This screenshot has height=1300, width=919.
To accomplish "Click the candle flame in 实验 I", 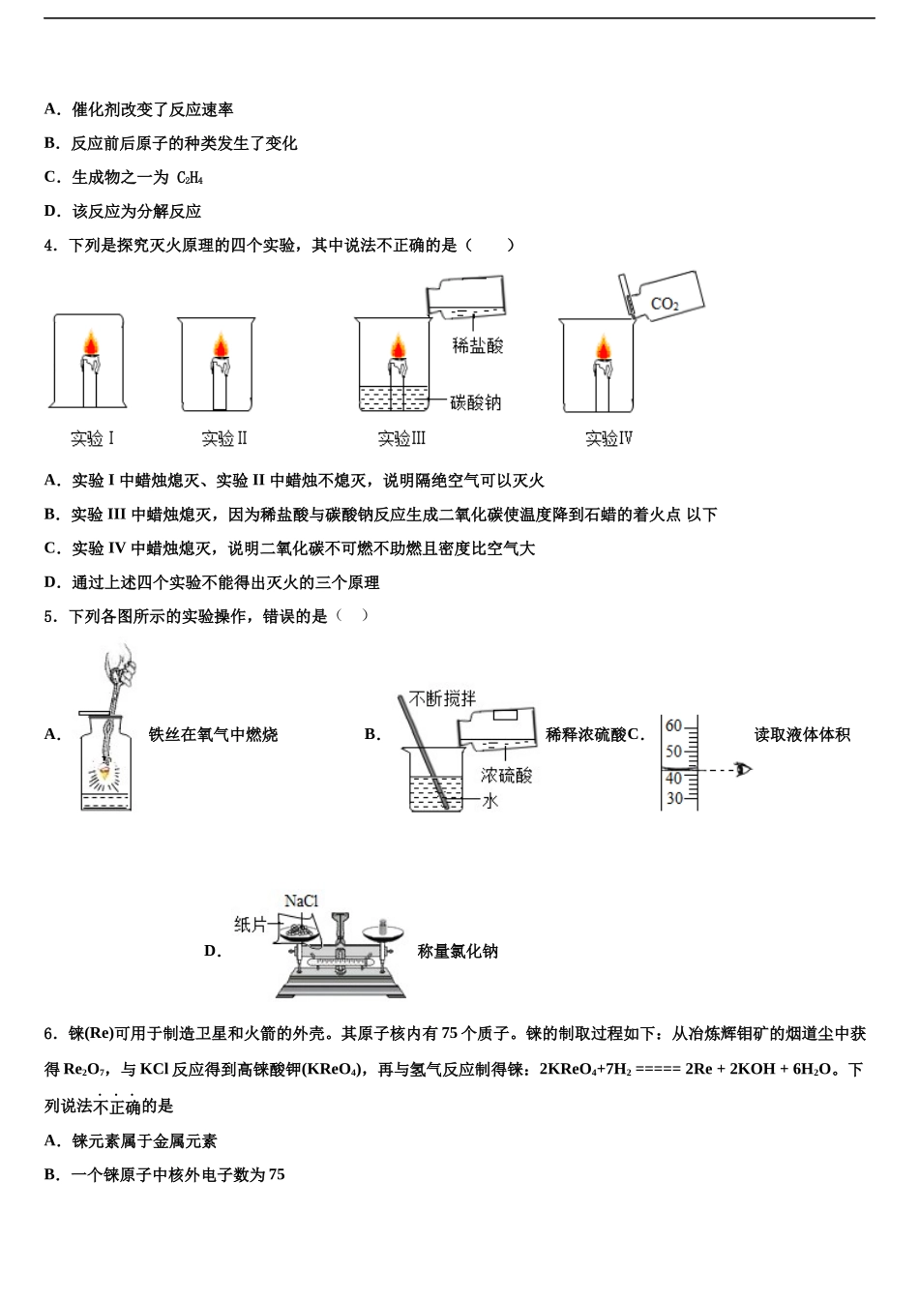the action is click(90, 343).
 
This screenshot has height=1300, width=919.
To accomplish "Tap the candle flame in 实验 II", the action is click(221, 345).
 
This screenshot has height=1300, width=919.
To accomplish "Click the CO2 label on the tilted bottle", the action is click(665, 304).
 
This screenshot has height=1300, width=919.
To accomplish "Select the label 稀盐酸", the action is click(478, 345).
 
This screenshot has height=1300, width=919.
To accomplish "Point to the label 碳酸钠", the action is click(476, 402).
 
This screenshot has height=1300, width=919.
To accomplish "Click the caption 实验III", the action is click(401, 438).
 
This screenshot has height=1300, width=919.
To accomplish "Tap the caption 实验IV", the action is click(608, 438).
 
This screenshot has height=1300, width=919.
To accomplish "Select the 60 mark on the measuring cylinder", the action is click(674, 725).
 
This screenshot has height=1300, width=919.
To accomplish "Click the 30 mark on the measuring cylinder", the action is click(674, 798).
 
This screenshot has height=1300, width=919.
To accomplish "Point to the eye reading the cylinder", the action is click(743, 770).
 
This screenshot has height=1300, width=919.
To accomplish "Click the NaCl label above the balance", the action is click(301, 901).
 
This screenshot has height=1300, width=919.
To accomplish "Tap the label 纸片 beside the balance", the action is click(250, 925).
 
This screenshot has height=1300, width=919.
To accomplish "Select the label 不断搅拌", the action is click(442, 698).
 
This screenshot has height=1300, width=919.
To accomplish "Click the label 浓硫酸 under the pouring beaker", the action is click(506, 775).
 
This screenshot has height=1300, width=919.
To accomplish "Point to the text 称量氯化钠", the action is click(458, 951).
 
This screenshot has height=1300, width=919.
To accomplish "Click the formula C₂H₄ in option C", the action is click(190, 178).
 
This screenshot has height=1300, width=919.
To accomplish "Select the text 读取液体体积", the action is click(802, 735).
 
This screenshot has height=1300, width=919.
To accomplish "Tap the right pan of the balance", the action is click(383, 935).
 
